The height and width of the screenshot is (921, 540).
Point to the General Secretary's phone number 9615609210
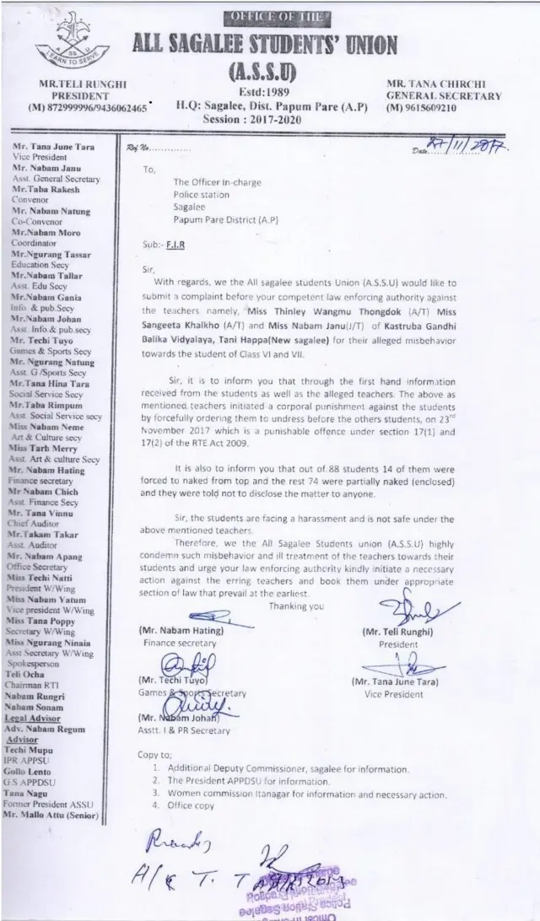pos(438,108)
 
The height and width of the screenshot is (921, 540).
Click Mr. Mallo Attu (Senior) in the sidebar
pos(51,817)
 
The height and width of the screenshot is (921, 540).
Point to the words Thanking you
pos(295,606)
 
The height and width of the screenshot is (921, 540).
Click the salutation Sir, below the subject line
pos(150,272)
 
